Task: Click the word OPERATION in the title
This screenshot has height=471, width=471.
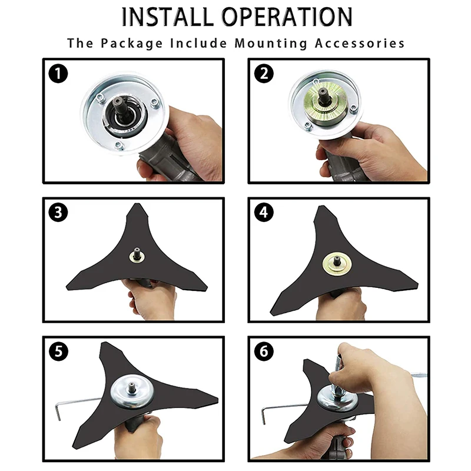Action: click(287, 16)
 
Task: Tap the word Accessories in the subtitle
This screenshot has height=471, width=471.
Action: click(360, 43)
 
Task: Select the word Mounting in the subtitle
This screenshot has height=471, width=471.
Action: click(271, 44)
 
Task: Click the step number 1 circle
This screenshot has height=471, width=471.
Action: click(58, 74)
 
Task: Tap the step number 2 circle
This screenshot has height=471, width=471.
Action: click(264, 74)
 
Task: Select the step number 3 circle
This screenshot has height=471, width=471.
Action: click(58, 213)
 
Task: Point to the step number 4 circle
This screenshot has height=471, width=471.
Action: click(264, 213)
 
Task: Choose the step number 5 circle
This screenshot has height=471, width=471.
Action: click(58, 351)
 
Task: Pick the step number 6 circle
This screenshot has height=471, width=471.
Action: click(264, 351)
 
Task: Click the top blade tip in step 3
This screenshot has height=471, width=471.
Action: click(138, 204)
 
